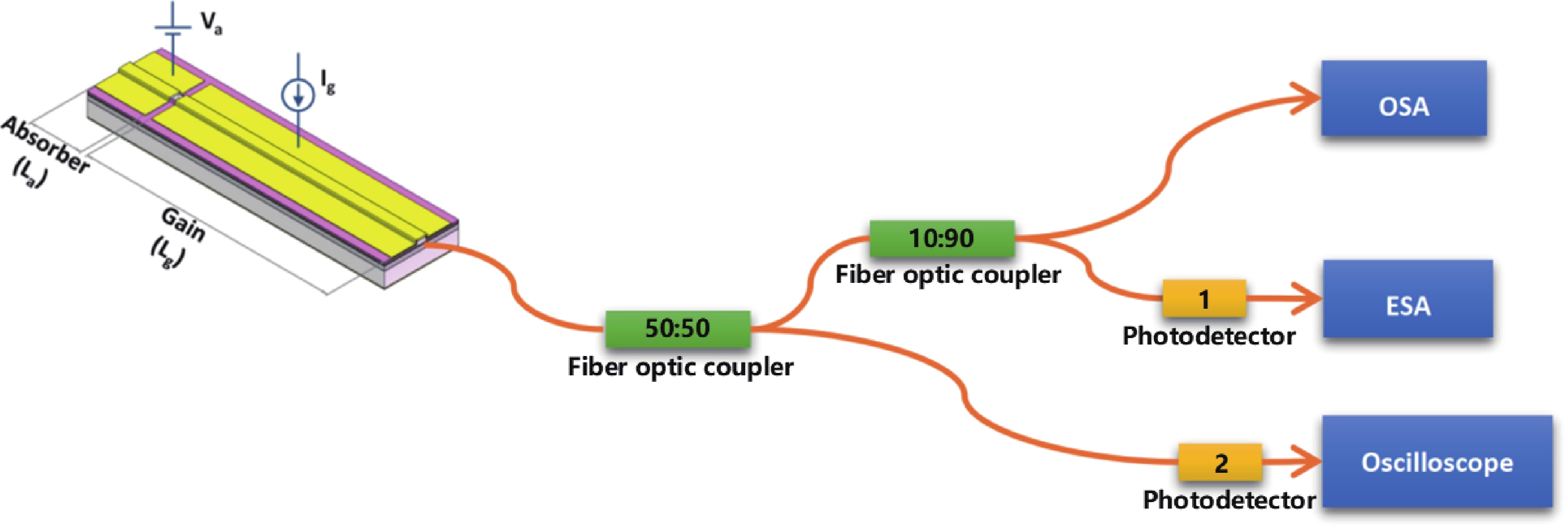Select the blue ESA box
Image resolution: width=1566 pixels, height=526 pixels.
click(x=1407, y=299)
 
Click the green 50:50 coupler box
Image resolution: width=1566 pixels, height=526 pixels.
click(x=677, y=328)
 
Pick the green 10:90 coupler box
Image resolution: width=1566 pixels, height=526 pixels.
click(x=942, y=238)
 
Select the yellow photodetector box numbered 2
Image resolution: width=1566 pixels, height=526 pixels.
click(x=1220, y=463)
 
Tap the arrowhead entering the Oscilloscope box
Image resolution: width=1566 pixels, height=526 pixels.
click(x=1307, y=462)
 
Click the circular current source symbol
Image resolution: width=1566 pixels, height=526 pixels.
click(x=297, y=95)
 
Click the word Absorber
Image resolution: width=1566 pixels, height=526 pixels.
click(x=46, y=145)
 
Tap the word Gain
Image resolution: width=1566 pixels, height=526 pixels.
click(x=183, y=224)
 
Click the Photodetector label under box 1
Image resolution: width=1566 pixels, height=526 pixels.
click(x=1209, y=336)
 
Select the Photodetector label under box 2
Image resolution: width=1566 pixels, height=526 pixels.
click(x=1228, y=500)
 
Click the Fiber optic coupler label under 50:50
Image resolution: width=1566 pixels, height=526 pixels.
click(x=680, y=367)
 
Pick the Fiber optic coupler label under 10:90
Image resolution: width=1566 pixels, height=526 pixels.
click(x=948, y=275)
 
